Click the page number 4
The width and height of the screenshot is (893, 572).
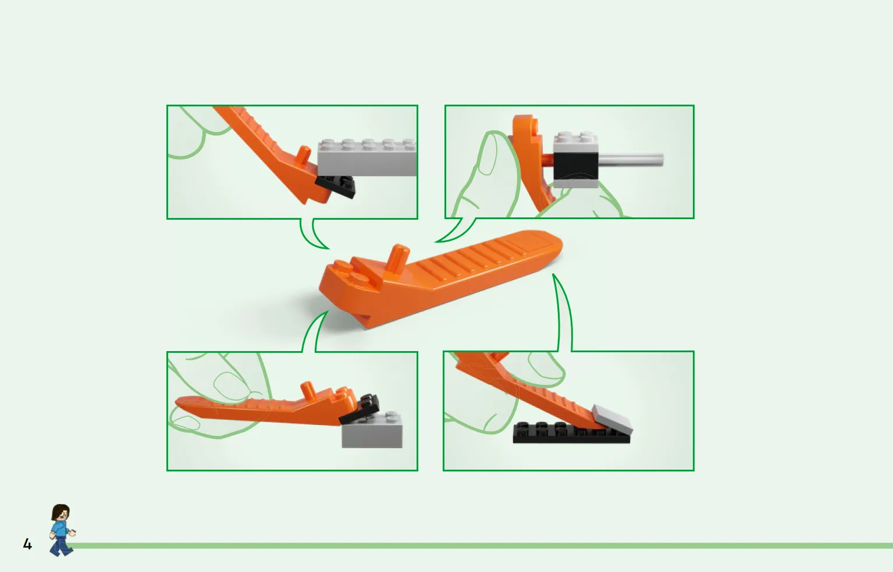point(27,544)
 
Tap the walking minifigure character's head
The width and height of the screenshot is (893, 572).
point(61,513)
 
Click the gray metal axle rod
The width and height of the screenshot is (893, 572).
point(631,160)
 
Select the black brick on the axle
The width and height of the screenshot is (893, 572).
point(576,166)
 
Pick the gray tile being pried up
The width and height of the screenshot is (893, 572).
point(613,419)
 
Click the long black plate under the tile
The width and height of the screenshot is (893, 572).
point(571,433)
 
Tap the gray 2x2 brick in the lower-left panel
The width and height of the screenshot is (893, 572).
point(372,430)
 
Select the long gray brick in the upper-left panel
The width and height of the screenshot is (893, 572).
point(367,158)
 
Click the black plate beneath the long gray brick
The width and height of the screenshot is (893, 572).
point(336,186)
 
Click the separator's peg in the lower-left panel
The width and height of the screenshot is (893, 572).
point(308,390)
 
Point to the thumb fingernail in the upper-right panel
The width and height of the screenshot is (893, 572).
point(487,155)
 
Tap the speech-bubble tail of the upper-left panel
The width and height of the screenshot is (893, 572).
point(314,235)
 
